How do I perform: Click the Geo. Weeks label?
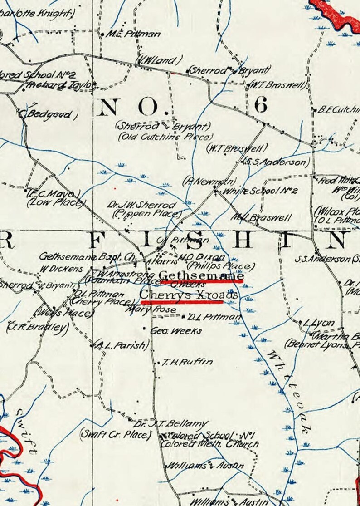coord(175,331)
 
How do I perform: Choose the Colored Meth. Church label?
coord(210,444)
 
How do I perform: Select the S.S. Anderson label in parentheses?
coord(277,162)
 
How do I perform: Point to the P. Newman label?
coord(204,181)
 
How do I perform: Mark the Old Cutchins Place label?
coord(165,137)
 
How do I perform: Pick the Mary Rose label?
coord(146,309)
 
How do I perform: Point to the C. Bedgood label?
coord(47,114)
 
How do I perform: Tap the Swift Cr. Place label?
coord(115,434)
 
